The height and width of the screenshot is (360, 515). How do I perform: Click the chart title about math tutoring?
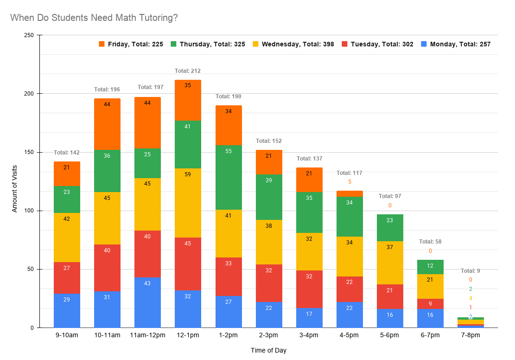[x=94, y=18]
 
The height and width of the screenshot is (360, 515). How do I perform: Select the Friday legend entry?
[x=131, y=44]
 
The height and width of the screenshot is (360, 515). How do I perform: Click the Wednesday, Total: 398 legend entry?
[x=293, y=44]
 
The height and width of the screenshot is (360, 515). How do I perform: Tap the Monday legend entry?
[x=455, y=44]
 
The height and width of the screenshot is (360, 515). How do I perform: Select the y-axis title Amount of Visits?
[x=14, y=181]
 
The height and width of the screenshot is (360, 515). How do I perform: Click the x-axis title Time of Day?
[x=268, y=350]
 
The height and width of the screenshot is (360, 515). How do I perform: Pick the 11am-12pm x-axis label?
[x=147, y=335]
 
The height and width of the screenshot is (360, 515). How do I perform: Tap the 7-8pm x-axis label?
[x=470, y=335]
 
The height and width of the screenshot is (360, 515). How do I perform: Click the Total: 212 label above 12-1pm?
[x=188, y=71]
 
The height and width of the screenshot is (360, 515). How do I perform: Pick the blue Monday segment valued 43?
[x=147, y=302]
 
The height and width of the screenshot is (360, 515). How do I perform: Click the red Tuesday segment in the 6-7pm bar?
[x=430, y=304]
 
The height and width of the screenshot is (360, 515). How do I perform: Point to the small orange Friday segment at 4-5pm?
[x=350, y=193]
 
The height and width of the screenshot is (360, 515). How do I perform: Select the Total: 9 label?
[x=470, y=271]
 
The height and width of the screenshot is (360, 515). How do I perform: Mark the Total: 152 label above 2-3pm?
[x=268, y=141]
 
